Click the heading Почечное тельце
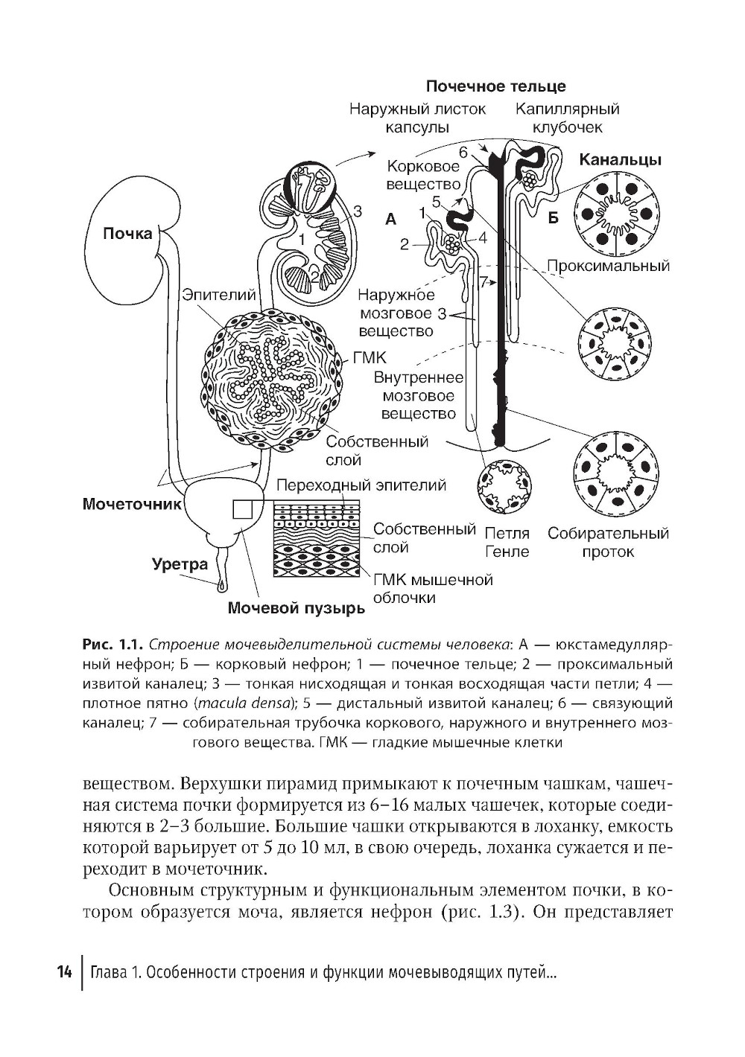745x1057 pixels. click(x=495, y=87)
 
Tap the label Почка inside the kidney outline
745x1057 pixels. click(x=127, y=234)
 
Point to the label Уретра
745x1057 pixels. click(x=180, y=564)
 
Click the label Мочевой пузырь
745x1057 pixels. click(x=296, y=609)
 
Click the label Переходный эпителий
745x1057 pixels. click(x=361, y=485)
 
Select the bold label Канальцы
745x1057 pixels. click(x=621, y=160)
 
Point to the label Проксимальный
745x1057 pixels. click(x=608, y=266)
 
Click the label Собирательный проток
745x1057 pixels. click(x=608, y=543)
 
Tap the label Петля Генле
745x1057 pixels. click(x=507, y=543)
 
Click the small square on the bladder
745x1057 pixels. click(x=243, y=508)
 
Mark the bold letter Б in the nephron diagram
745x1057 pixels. click(x=553, y=218)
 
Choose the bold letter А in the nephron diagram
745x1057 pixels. click(x=391, y=219)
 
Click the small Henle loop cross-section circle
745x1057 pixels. click(x=504, y=487)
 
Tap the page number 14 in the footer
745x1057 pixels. click(x=64, y=973)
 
